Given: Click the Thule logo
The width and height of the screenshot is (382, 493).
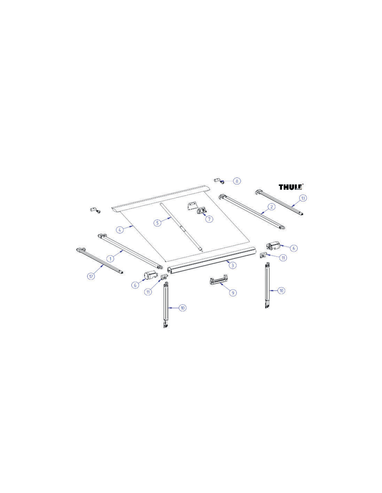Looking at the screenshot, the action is [x=291, y=187].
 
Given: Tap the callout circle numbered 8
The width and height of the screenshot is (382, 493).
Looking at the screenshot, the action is [x=237, y=181].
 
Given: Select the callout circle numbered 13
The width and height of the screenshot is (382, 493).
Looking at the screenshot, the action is [x=303, y=198].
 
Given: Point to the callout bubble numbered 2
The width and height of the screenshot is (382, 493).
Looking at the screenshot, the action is [x=271, y=207].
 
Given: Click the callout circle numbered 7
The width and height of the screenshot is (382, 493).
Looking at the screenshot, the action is [x=209, y=219].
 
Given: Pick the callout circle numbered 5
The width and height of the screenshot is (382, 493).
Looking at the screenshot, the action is [x=157, y=223].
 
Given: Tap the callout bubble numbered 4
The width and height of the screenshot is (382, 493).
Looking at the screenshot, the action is [x=120, y=230].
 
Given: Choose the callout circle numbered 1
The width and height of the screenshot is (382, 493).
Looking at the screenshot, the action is [x=111, y=258].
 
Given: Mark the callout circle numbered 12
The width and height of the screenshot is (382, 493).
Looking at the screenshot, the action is [x=91, y=276].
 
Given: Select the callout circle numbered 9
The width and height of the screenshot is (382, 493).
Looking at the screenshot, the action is [x=233, y=293].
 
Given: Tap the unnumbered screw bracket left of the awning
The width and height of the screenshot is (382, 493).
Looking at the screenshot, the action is [x=95, y=210].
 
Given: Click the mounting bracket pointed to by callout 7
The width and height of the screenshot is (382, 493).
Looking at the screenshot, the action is [x=201, y=210].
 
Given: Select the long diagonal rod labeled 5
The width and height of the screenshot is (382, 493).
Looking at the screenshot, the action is [x=181, y=227].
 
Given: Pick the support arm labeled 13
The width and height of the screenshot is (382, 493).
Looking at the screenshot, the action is [x=280, y=203].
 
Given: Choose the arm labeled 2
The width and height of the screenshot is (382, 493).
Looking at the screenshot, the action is [x=252, y=212].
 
